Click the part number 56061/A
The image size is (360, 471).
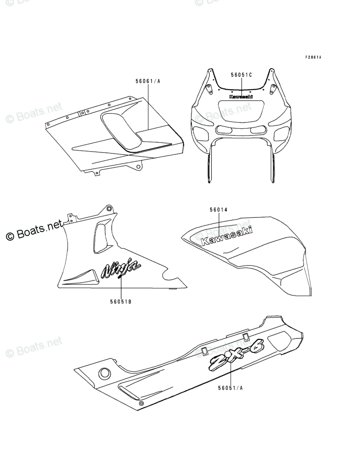[148, 81]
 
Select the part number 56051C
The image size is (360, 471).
[241, 75]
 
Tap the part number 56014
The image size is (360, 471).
[219, 209]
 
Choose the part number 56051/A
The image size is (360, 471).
[231, 388]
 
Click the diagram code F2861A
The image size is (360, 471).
[313, 57]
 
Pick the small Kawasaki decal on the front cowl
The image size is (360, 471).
[241, 97]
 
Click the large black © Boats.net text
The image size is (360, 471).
[35, 231]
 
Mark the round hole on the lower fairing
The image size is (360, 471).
[104, 373]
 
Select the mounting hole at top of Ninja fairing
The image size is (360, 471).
[108, 208]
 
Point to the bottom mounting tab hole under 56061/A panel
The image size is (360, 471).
[138, 166]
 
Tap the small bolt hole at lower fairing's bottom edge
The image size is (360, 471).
[141, 403]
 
